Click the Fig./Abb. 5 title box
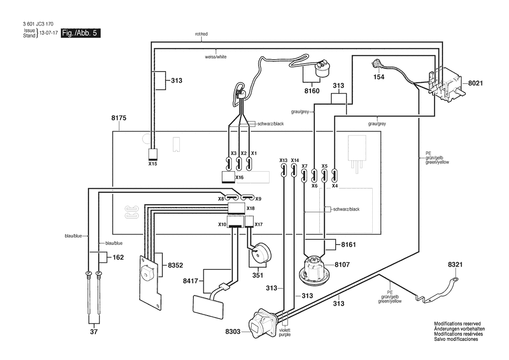81,33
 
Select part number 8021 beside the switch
475,83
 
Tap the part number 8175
119,118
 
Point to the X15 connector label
152,164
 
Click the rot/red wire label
201,34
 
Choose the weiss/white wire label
216,57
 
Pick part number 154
379,77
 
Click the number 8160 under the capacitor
312,91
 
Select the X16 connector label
239,177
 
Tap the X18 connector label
250,208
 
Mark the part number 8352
175,265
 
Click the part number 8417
190,281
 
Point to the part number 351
258,275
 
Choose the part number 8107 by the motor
342,265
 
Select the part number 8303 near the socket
233,332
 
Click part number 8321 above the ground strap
455,265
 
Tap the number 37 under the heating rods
94,332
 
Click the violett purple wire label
285,333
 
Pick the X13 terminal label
283,160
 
